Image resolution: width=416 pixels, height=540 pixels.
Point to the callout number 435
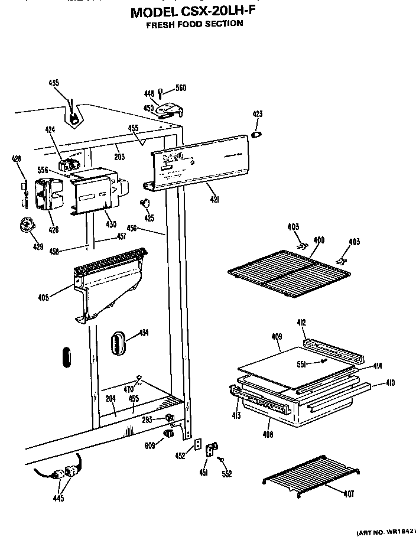point(54,83)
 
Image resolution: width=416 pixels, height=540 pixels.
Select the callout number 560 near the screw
point(180,88)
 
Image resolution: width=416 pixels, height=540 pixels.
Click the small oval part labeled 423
point(258,135)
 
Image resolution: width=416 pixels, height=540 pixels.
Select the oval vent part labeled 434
point(119,343)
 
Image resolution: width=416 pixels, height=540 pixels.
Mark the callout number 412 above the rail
point(301,322)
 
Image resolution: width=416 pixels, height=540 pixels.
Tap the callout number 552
point(227,473)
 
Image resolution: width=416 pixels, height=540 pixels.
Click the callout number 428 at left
point(16,158)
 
